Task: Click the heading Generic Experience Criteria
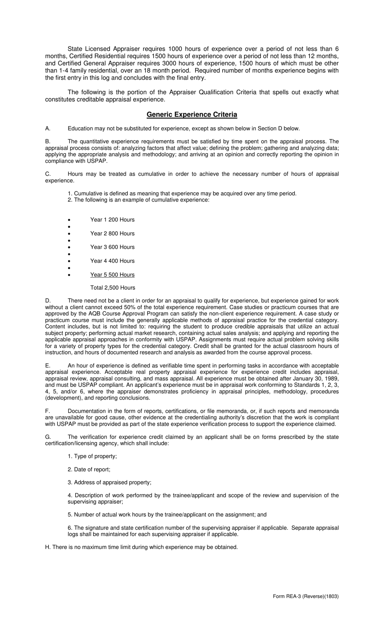click(x=192, y=115)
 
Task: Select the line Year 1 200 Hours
click(x=112, y=220)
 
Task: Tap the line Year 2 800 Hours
click(x=112, y=234)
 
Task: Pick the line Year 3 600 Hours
click(x=112, y=247)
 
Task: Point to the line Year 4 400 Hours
click(x=112, y=261)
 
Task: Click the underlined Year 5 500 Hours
click(x=112, y=275)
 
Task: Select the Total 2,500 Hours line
click(x=113, y=288)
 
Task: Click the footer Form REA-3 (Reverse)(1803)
click(x=306, y=596)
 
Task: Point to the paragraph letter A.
click(x=48, y=129)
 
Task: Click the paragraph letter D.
click(x=48, y=301)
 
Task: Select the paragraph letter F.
click(x=48, y=411)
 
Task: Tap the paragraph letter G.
click(x=48, y=437)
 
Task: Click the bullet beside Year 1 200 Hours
click(x=70, y=220)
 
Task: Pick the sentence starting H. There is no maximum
click(x=141, y=548)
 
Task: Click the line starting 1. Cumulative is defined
click(x=182, y=194)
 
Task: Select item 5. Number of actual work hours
click(x=167, y=515)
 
